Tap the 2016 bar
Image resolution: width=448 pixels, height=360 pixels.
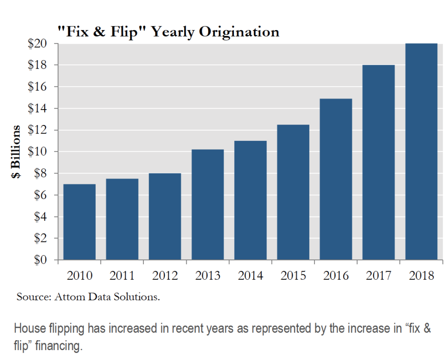[x=336, y=179]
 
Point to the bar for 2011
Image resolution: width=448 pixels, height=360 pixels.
[x=122, y=219]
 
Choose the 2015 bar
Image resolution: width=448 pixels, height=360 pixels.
[x=293, y=192]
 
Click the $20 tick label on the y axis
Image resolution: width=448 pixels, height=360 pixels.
[x=37, y=44]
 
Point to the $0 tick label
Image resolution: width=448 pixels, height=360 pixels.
[x=37, y=260]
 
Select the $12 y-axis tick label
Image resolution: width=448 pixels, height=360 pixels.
[x=37, y=130]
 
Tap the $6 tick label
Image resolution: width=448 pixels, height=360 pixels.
[x=37, y=195]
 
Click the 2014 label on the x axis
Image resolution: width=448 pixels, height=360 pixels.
[x=251, y=276]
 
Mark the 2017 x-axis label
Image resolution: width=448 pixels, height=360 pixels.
[x=379, y=276]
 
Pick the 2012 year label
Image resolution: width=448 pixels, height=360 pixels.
[x=165, y=276]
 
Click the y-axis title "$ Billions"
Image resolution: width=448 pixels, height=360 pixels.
[x=16, y=152]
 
